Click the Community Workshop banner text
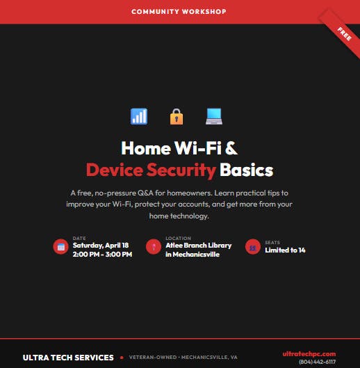[x=179, y=12]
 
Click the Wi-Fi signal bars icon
[x=139, y=116]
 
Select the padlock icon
[x=177, y=116]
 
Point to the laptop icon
[x=214, y=116]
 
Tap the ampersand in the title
[x=232, y=148]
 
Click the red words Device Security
[x=151, y=170]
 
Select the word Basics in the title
[x=247, y=170]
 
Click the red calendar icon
[x=61, y=246]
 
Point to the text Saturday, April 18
[x=101, y=246]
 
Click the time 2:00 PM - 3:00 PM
[x=102, y=255]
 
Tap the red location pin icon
[x=154, y=246]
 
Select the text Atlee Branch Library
[x=199, y=246]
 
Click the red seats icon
[x=253, y=246]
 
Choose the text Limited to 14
[x=285, y=250]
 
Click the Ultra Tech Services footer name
[x=68, y=358]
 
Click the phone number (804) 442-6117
[x=317, y=362]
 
